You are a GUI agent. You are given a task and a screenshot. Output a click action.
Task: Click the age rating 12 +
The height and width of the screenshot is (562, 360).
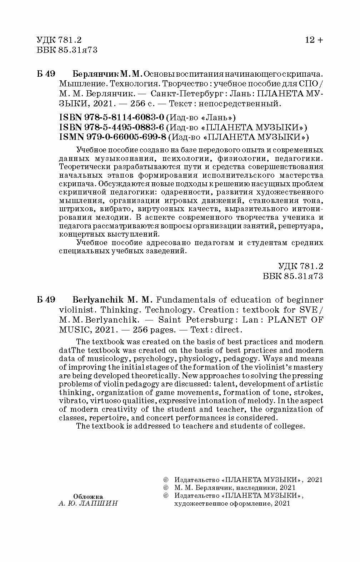pos(314,40)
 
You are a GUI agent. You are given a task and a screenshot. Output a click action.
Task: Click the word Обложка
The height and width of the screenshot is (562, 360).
pos(88,496)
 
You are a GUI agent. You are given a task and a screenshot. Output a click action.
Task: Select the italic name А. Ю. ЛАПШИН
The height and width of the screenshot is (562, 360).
pos(88,503)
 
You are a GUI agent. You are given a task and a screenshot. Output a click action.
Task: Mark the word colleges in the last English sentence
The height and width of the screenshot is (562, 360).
pos(290,426)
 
